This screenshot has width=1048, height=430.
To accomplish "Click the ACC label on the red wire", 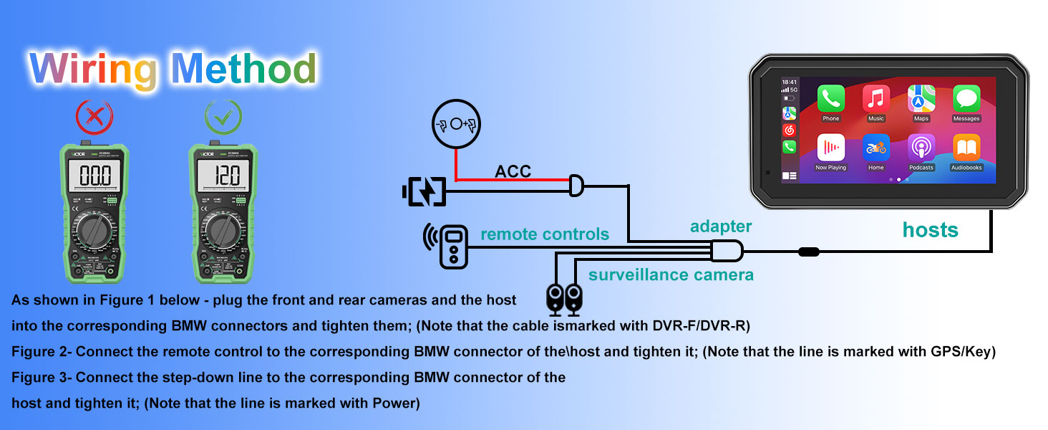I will point(513,171).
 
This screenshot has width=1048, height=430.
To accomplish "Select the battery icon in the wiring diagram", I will point(424,191).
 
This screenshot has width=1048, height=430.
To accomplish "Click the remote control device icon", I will point(452,247).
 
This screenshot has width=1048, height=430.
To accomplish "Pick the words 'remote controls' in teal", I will point(545,234).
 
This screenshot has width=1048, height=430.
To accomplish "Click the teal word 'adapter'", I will point(720,226).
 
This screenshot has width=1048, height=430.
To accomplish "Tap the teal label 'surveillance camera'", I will point(671,274).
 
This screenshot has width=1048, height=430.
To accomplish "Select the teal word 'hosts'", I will point(930,230).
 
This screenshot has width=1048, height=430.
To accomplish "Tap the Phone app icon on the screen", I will point(831,97).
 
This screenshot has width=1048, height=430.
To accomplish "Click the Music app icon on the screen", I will point(876,97).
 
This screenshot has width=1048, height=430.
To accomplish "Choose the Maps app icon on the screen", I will point(921,97).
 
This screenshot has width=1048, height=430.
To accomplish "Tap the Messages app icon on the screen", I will point(966,97).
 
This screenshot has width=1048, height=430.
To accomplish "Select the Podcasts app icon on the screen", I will point(921,147).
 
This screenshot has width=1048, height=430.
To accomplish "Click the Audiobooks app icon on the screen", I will point(966,147).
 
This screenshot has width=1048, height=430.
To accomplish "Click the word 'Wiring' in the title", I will point(94,70).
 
